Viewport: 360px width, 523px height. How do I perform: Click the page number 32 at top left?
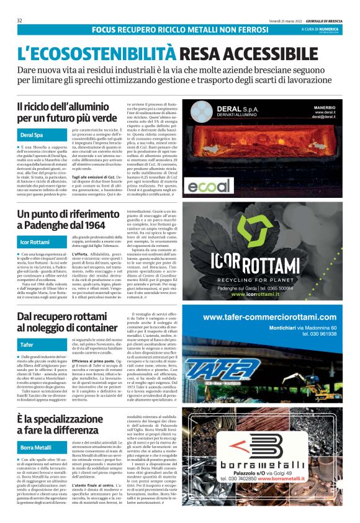coord(20,20)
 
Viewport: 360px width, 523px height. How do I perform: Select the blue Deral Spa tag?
coord(32,135)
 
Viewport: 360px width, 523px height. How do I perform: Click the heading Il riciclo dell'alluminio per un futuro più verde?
coord(67,112)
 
